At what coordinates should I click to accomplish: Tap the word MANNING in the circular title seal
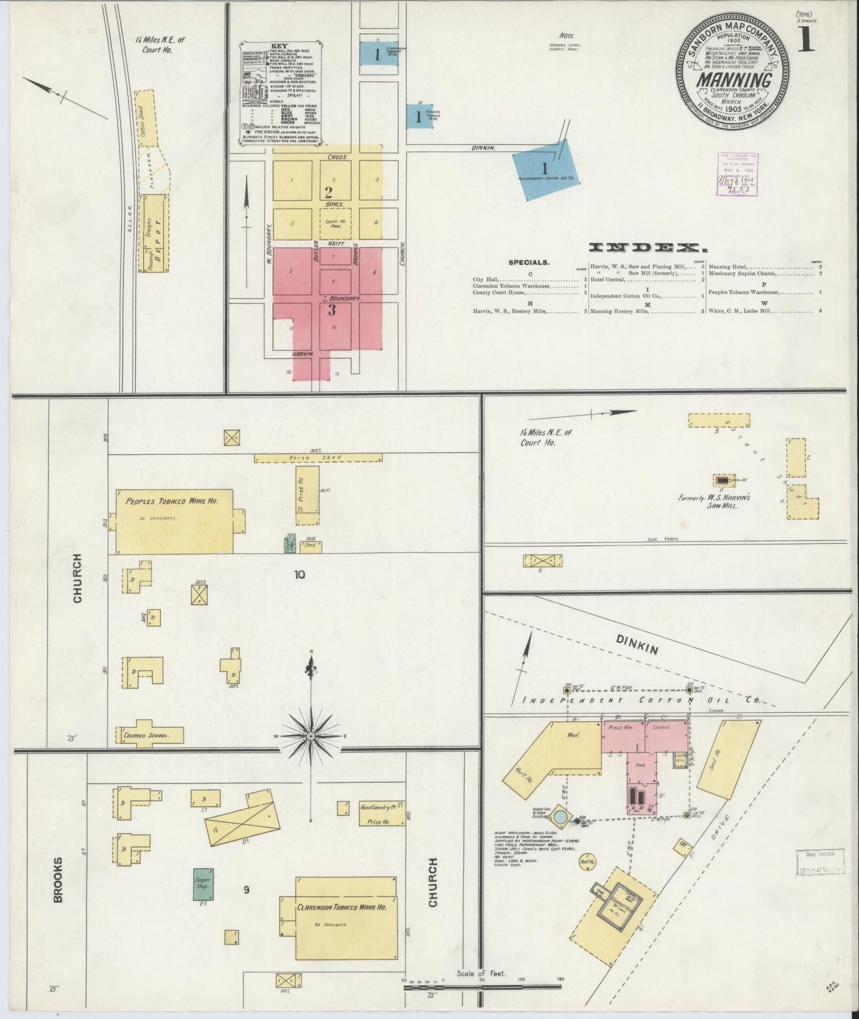[735, 80]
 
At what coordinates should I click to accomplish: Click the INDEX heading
[644, 247]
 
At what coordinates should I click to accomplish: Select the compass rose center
[310, 736]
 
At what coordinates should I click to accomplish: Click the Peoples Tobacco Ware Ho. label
[171, 501]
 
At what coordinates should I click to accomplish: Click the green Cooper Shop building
[203, 883]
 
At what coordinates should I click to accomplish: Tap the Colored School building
[150, 735]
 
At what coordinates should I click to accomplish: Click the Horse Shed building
[317, 458]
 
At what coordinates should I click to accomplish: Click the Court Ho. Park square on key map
[335, 223]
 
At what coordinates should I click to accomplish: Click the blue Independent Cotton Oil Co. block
[546, 169]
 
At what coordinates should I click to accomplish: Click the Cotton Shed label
[144, 118]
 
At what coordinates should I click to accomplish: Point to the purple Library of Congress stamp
[737, 174]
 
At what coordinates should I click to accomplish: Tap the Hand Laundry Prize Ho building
[382, 814]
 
